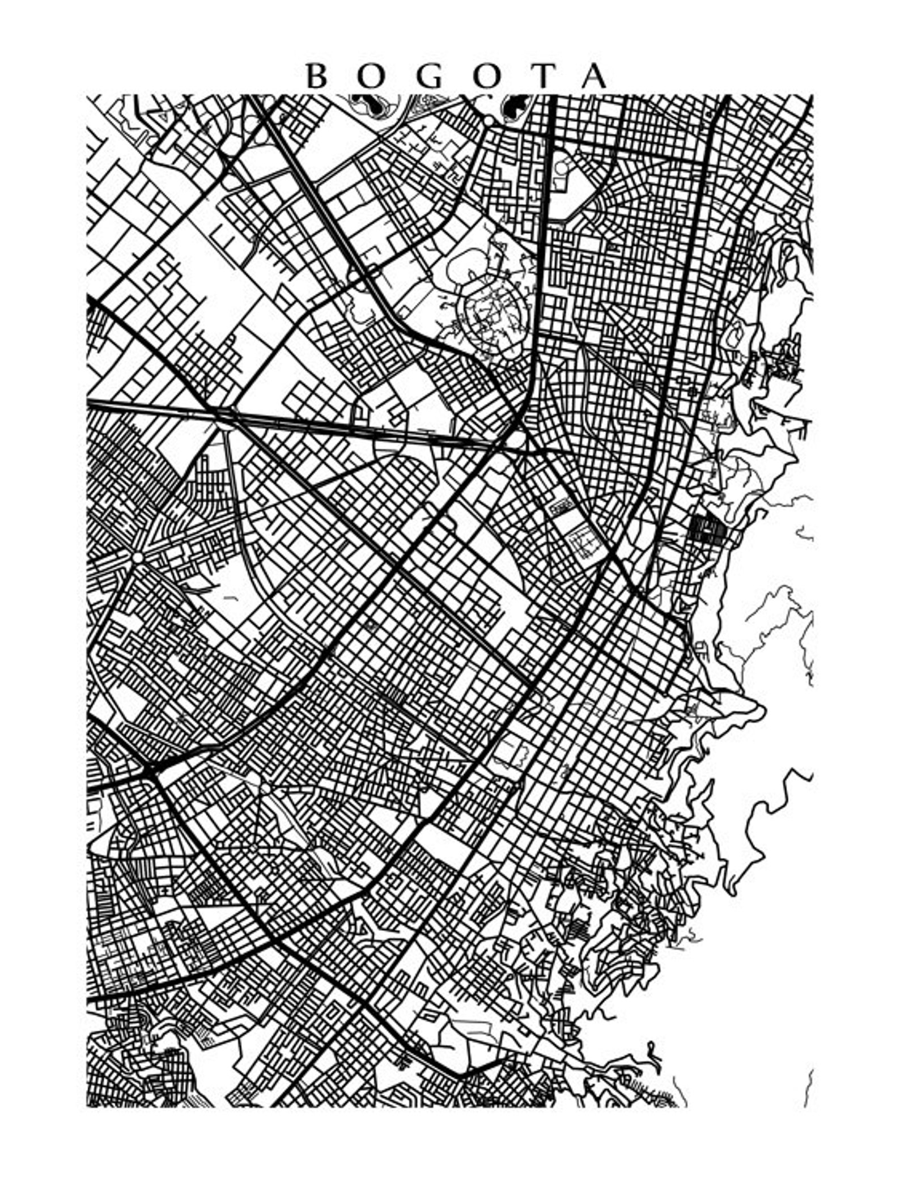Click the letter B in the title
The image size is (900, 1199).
click(x=317, y=76)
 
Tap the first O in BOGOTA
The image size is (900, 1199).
click(x=371, y=76)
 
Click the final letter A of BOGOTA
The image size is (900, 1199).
click(x=595, y=76)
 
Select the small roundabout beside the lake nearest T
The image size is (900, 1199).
click(x=489, y=120)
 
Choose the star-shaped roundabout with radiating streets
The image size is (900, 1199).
click(x=137, y=558)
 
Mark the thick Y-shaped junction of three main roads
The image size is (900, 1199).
click(x=151, y=771)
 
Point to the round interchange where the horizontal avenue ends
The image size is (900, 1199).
click(x=517, y=439)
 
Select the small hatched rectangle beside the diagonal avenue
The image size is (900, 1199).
click(x=561, y=505)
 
